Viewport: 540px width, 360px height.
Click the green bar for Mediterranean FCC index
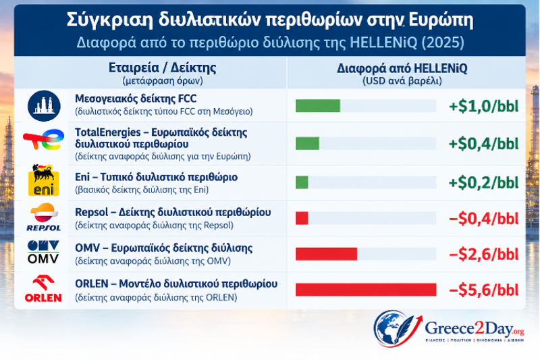318,106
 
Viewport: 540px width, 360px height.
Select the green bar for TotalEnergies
307,143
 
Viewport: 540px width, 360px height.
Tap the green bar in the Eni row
302,182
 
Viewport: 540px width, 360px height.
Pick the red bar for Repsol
302,218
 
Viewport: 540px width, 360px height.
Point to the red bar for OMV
326,254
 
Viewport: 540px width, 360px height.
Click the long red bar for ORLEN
366,289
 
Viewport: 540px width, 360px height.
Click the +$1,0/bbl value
483,106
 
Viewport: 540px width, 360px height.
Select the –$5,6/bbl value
483,290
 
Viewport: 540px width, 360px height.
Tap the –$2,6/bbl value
483,254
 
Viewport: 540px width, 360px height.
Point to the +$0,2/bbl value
483,182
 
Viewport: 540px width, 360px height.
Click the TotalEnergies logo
44,139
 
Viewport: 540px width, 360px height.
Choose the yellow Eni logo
43,180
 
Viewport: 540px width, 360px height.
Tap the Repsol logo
44,217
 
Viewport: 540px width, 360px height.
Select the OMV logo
43,252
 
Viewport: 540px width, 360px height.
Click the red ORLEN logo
43,288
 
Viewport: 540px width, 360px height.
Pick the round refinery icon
44,106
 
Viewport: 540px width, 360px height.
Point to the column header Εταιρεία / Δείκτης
163,68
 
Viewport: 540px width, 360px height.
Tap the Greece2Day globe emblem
396,328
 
